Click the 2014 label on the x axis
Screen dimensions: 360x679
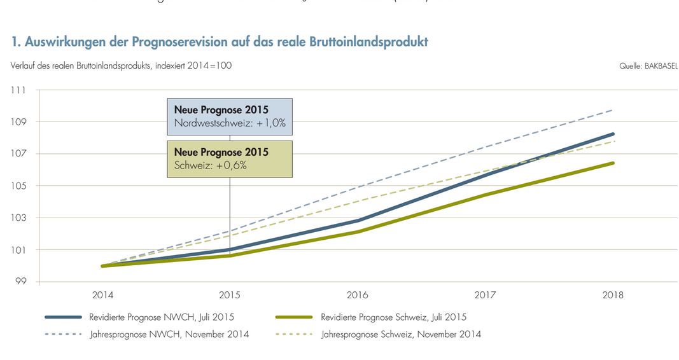tap(102, 295)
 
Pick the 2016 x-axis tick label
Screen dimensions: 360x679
tap(358, 295)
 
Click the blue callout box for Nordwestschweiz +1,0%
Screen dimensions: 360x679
tap(230, 116)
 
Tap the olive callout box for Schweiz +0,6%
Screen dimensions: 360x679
tap(230, 158)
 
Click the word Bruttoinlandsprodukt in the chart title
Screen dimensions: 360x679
tap(369, 42)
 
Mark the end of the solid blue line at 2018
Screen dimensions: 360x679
tap(613, 134)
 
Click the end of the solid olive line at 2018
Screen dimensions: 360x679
tap(613, 163)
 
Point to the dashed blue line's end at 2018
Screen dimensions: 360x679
tap(613, 109)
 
